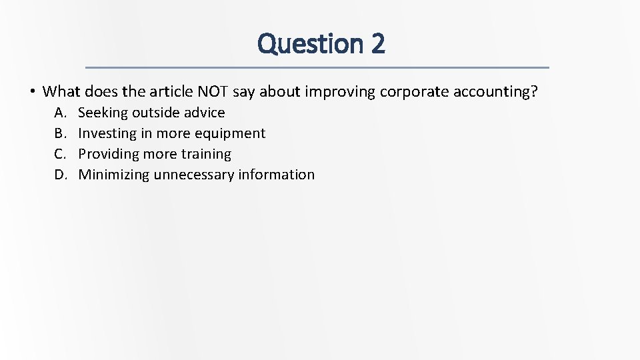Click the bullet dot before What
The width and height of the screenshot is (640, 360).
(x=31, y=91)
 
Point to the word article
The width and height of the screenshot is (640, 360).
(x=159, y=91)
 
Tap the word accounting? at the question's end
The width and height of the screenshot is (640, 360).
(x=495, y=91)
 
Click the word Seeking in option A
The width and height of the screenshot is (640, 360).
(x=103, y=113)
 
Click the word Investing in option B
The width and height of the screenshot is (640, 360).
(x=107, y=133)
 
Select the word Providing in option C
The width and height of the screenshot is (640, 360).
(x=109, y=154)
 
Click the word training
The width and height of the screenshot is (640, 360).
(x=206, y=154)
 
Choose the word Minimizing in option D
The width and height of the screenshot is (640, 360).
(x=114, y=175)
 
